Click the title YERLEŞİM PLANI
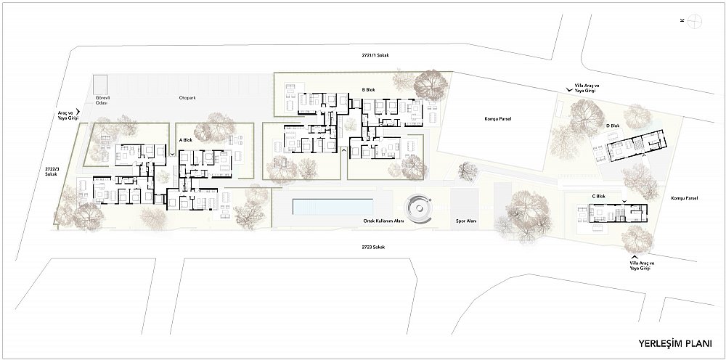675,343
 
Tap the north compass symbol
695,21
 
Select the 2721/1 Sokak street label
375,55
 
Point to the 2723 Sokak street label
373,247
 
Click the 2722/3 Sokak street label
48,171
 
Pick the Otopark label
188,98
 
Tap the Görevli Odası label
102,100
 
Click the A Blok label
185,140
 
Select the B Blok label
368,90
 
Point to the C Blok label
599,196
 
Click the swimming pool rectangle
333,207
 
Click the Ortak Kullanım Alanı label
384,221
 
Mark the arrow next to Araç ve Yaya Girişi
78,112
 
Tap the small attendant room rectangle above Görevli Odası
99,84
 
